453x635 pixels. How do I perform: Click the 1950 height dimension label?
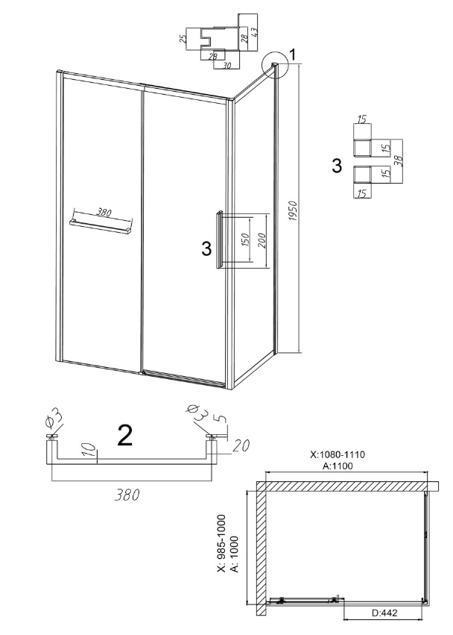coord(294,210)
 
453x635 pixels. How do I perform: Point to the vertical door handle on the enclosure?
coord(219,240)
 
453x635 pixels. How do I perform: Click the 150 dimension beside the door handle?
coord(244,240)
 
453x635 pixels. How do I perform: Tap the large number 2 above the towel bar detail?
coord(124,435)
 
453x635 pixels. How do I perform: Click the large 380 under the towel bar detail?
coord(127,495)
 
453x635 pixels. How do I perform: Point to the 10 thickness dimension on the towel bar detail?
coord(91,451)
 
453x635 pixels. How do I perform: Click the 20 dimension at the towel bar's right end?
coord(241,445)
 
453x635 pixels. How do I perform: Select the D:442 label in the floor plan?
coord(384,624)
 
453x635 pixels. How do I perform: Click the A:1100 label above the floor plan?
coord(338,466)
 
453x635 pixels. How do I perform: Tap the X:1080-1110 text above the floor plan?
coord(338,454)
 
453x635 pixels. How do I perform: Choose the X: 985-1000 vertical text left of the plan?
coord(221,543)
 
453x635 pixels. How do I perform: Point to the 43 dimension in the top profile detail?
coord(253,32)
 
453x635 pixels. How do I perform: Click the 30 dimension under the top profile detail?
coord(227,65)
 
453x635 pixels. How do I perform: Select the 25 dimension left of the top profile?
coord(183,39)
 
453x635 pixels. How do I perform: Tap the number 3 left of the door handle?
coord(206,248)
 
